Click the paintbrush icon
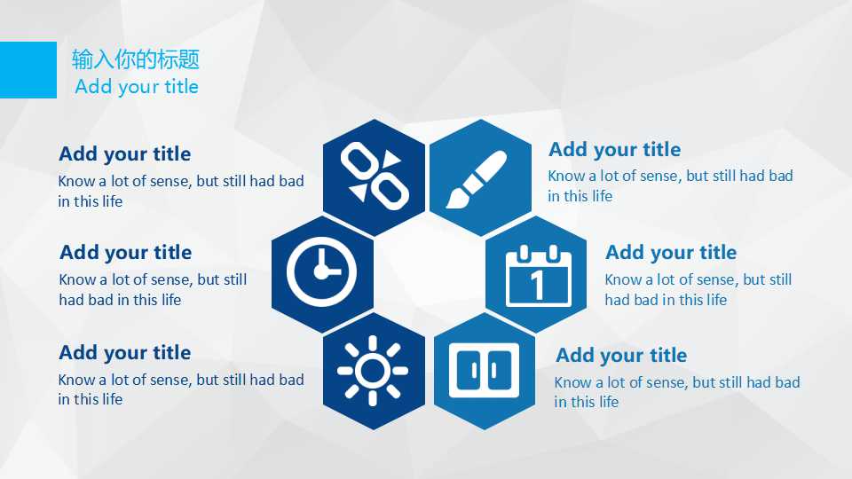pyautogui.click(x=477, y=179)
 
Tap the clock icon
pyautogui.click(x=321, y=271)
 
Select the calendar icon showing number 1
pyautogui.click(x=538, y=276)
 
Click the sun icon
pyautogui.click(x=373, y=371)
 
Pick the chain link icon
pyautogui.click(x=375, y=176)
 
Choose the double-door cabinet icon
pyautogui.click(x=484, y=371)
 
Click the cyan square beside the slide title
pyautogui.click(x=28, y=70)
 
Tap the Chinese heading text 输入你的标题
pyautogui.click(x=136, y=59)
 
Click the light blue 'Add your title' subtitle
pyautogui.click(x=137, y=86)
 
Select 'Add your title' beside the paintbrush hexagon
pyautogui.click(x=614, y=149)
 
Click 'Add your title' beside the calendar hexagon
pyautogui.click(x=671, y=253)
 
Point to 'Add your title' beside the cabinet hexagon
pyautogui.click(x=621, y=355)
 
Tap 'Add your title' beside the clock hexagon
pyautogui.click(x=125, y=253)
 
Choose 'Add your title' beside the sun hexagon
pyautogui.click(x=125, y=352)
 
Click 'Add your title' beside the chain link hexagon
pyautogui.click(x=125, y=153)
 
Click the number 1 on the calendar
pyautogui.click(x=538, y=285)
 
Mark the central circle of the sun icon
pyautogui.click(x=373, y=371)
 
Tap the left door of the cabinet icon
pyautogui.click(x=469, y=371)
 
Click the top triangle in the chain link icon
pyautogui.click(x=391, y=158)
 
